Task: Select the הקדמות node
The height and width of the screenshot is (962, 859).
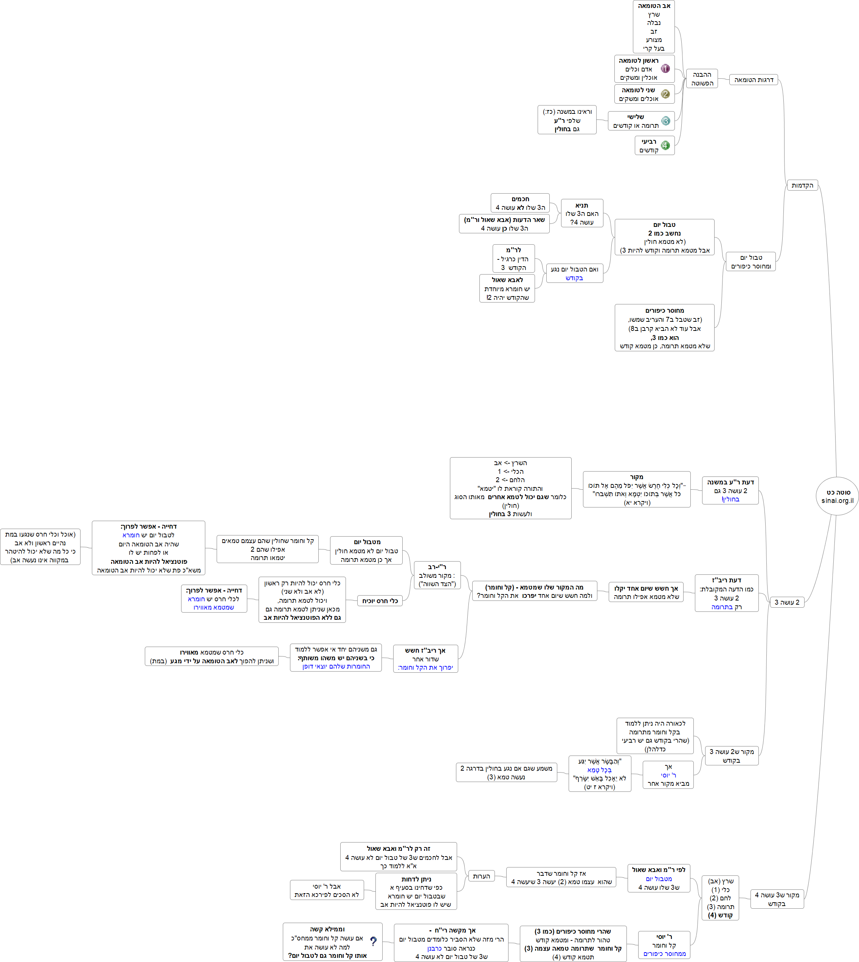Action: click(802, 185)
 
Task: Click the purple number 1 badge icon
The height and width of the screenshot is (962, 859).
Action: click(665, 68)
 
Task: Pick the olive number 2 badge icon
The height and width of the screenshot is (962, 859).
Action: click(665, 94)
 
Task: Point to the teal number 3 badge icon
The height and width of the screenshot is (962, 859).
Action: click(665, 121)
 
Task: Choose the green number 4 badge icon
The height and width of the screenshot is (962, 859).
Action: click(665, 145)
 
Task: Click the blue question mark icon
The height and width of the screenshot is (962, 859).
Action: click(373, 941)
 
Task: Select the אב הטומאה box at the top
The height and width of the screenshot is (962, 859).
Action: click(654, 26)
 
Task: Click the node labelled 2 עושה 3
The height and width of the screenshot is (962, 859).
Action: click(787, 602)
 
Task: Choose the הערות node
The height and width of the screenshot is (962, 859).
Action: click(481, 876)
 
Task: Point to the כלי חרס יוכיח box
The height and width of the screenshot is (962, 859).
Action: click(380, 601)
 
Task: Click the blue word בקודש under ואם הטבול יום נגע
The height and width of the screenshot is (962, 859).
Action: click(574, 278)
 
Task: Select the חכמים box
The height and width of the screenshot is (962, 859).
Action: click(520, 203)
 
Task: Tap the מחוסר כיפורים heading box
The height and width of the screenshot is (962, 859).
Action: click(665, 327)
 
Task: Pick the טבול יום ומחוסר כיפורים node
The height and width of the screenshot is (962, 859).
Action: click(750, 262)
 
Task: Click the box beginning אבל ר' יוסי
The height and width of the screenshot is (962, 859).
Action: click(327, 890)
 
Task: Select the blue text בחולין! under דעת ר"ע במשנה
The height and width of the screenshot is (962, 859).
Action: click(730, 499)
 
